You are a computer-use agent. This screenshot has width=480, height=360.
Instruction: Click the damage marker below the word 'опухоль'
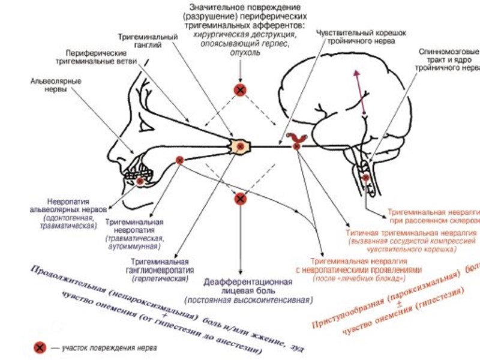click(240, 90)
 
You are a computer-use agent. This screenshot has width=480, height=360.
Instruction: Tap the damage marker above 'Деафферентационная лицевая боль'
click(240, 198)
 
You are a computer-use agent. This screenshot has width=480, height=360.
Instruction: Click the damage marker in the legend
click(40, 346)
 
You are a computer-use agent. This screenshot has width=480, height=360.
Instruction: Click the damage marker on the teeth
click(140, 179)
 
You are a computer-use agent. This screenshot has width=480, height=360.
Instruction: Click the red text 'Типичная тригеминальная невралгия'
click(403, 232)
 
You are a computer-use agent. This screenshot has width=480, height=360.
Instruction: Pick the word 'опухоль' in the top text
click(240, 53)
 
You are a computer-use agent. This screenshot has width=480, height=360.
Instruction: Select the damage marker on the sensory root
click(296, 146)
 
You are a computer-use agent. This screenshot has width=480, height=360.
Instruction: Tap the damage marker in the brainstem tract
click(365, 178)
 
